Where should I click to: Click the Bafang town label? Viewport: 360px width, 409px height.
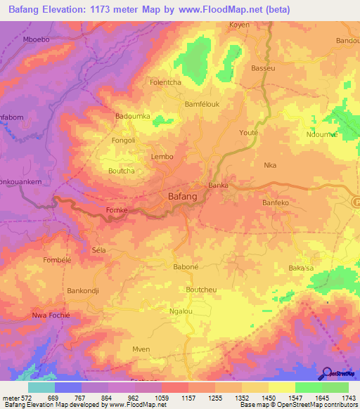[182, 197]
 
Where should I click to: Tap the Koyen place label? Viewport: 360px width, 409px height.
[240, 25]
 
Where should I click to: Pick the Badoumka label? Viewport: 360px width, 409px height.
[133, 116]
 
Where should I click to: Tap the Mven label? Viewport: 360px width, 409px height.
[141, 349]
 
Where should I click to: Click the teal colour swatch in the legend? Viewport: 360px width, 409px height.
[41, 387]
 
